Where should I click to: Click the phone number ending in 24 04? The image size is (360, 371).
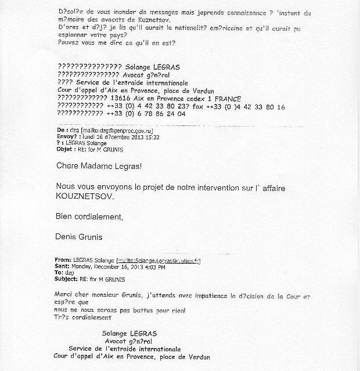tap(150, 114)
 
